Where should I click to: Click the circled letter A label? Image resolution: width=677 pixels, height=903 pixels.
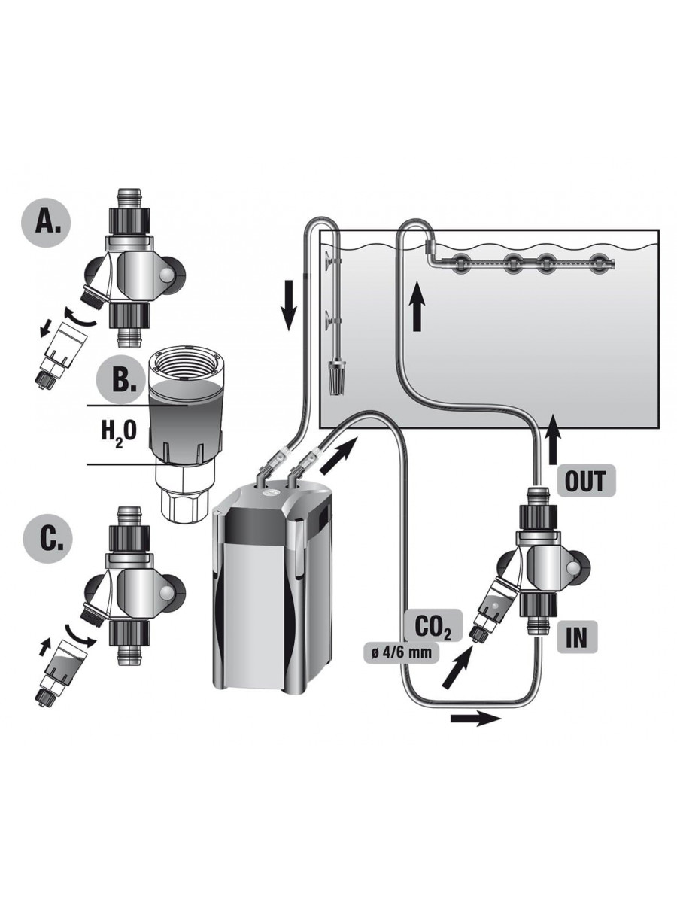[46, 223]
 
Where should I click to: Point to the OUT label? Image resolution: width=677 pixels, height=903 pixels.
[586, 481]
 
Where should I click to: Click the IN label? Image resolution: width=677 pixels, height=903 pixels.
[576, 637]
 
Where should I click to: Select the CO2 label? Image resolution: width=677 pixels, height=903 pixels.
[433, 626]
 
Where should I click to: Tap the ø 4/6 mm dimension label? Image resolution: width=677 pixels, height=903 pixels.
[402, 652]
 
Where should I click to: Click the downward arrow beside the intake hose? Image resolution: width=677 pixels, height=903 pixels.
[289, 306]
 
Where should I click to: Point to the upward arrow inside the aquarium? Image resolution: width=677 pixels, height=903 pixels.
[417, 306]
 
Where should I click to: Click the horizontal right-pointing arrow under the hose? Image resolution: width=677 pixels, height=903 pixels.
[476, 719]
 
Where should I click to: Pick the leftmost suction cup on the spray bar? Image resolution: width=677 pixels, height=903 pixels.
[458, 263]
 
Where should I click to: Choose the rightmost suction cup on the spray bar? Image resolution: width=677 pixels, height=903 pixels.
[600, 263]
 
